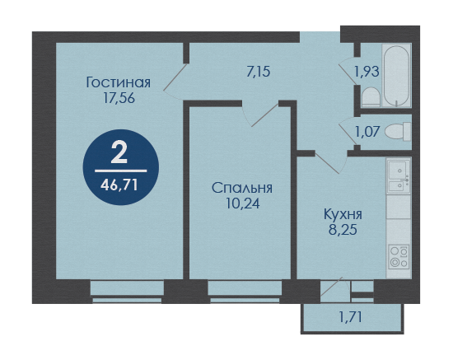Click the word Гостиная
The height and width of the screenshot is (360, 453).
pos(119,82)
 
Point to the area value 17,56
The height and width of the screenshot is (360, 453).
pos(119,98)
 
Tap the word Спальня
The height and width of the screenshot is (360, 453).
pos(242,188)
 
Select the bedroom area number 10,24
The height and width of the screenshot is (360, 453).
pos(243,203)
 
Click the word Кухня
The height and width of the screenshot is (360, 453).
pos(343,214)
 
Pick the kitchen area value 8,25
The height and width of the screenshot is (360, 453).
pos(343,230)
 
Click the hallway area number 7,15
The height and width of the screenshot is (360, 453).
pos(259,72)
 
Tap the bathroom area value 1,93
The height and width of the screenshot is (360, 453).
pos(367,72)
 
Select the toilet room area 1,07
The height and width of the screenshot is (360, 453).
pos(367,132)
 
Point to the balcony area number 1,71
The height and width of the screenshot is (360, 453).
pos(350,317)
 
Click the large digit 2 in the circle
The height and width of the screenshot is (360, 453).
pos(119,153)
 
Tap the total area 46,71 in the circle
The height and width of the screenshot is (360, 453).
pos(119,185)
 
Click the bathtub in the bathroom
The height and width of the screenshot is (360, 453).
pos(396,76)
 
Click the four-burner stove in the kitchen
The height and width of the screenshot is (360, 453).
pos(399,257)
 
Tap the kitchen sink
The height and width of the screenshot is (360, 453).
pos(399,176)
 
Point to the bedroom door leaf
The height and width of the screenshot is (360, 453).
pos(265,115)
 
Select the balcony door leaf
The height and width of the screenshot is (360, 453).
pos(331,287)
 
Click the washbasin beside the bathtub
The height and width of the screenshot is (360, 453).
pos(371,97)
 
